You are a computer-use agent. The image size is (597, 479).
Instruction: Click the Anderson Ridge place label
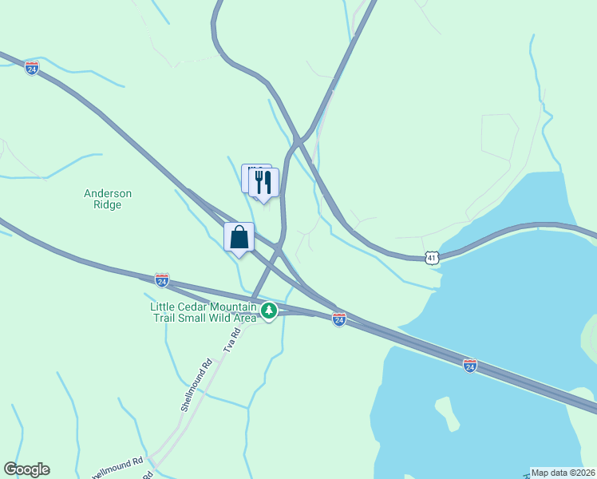pyautogui.click(x=108, y=199)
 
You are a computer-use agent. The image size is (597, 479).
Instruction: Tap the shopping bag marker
pyautogui.click(x=239, y=237)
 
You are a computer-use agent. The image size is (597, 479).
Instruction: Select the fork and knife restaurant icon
pyautogui.click(x=263, y=183)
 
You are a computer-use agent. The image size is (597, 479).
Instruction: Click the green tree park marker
pyautogui.click(x=269, y=310)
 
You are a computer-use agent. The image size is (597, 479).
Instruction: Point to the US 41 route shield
pyautogui.click(x=432, y=258)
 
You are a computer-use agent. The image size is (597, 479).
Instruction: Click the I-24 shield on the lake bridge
pyautogui.click(x=470, y=365)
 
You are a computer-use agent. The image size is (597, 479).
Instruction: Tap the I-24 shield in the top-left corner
pyautogui.click(x=32, y=68)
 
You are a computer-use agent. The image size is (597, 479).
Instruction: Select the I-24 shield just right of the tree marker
pyautogui.click(x=339, y=319)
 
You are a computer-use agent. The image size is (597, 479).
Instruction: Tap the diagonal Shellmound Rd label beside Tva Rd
pyautogui.click(x=197, y=384)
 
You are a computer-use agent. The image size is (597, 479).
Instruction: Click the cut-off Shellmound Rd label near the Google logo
pyautogui.click(x=121, y=462)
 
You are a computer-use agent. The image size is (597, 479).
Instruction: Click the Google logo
pyautogui.click(x=26, y=469)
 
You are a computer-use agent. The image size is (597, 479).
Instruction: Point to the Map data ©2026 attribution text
pyautogui.click(x=563, y=473)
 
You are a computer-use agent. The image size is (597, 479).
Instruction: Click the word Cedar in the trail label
pyautogui.click(x=193, y=307)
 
